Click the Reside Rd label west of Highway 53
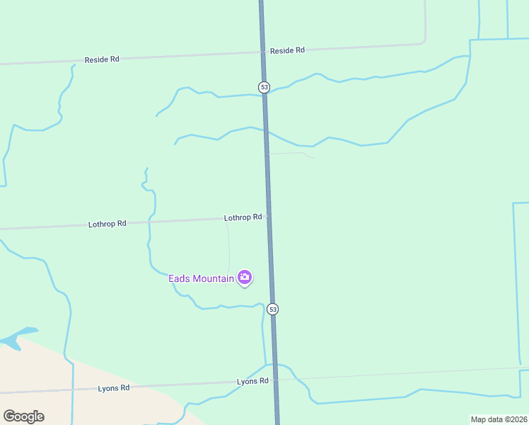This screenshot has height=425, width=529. (102, 59)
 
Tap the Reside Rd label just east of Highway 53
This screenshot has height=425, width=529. (287, 50)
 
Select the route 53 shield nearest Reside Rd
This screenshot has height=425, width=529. (264, 87)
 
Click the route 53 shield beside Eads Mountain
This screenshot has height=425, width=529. (273, 309)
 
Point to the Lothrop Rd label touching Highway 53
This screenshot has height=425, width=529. (243, 217)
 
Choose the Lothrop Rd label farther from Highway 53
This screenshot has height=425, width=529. (107, 224)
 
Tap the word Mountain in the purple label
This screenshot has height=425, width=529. (211, 278)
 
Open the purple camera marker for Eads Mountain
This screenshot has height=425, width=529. (245, 278)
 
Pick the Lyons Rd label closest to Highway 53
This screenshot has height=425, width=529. (252, 381)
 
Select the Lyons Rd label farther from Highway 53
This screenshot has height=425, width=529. (114, 388)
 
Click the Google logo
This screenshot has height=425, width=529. (23, 416)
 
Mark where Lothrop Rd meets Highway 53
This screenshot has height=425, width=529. (268, 217)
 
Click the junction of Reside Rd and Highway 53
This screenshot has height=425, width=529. (262, 51)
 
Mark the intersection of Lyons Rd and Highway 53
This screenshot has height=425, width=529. (276, 379)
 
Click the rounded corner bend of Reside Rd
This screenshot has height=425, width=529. (424, 40)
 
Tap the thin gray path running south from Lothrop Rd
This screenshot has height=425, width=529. (229, 244)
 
